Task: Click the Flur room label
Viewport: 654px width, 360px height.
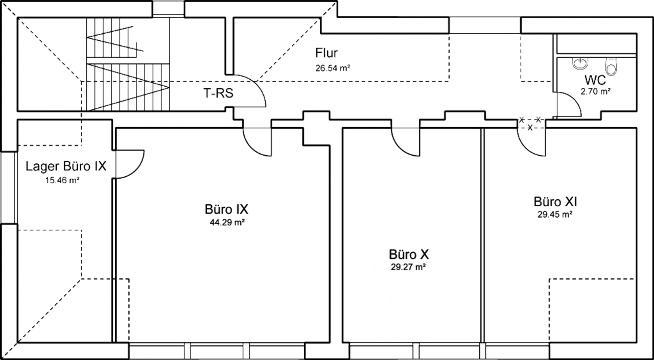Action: click(326, 53)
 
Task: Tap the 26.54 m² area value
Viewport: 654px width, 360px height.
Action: click(333, 68)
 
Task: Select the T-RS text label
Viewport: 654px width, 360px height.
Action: click(218, 93)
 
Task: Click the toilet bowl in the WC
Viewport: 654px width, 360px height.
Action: click(612, 66)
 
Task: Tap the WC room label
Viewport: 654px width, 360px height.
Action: click(595, 80)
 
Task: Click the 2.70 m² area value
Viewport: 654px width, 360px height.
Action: click(596, 91)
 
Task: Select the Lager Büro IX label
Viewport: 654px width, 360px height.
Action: click(66, 166)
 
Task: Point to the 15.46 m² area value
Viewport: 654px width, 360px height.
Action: click(62, 180)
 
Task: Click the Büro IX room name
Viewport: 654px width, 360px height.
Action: click(226, 209)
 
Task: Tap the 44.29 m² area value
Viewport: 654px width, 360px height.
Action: click(227, 223)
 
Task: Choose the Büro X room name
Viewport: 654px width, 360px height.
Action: click(409, 254)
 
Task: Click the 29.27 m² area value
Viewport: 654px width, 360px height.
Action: click(408, 267)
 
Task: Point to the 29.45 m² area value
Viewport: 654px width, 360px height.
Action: click(555, 214)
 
